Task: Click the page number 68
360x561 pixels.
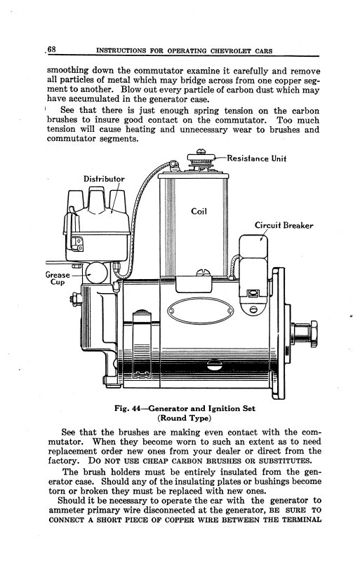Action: [51, 48]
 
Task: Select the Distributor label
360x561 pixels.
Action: [104, 179]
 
